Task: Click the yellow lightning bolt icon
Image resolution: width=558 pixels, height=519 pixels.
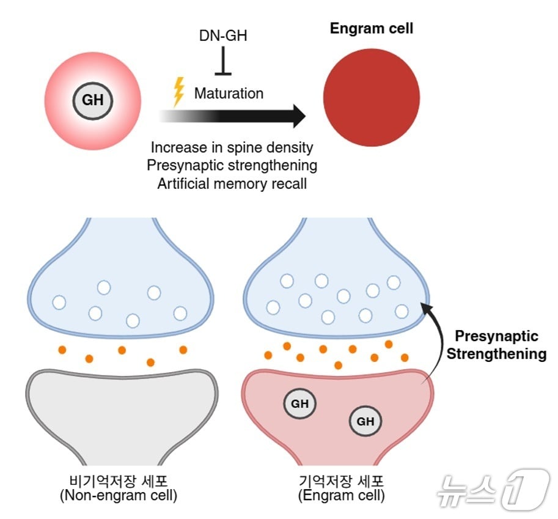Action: pyautogui.click(x=179, y=92)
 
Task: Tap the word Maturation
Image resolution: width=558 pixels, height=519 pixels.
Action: pyautogui.click(x=229, y=94)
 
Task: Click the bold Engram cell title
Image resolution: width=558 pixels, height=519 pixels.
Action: pyautogui.click(x=371, y=28)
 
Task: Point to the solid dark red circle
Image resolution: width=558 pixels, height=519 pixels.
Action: pyautogui.click(x=371, y=98)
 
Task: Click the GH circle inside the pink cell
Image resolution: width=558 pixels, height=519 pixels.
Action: pyautogui.click(x=93, y=99)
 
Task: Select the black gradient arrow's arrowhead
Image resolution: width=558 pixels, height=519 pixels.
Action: pyautogui.click(x=297, y=116)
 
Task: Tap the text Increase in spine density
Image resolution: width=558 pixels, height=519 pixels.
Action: pyautogui.click(x=232, y=147)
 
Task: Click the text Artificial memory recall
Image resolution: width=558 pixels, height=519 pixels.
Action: pyautogui.click(x=232, y=183)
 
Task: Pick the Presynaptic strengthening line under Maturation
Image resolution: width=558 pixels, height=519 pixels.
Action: pyautogui.click(x=232, y=166)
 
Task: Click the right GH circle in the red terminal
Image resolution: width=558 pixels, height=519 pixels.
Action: pyautogui.click(x=365, y=421)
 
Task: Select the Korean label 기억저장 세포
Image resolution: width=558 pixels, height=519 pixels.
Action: pyautogui.click(x=341, y=480)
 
